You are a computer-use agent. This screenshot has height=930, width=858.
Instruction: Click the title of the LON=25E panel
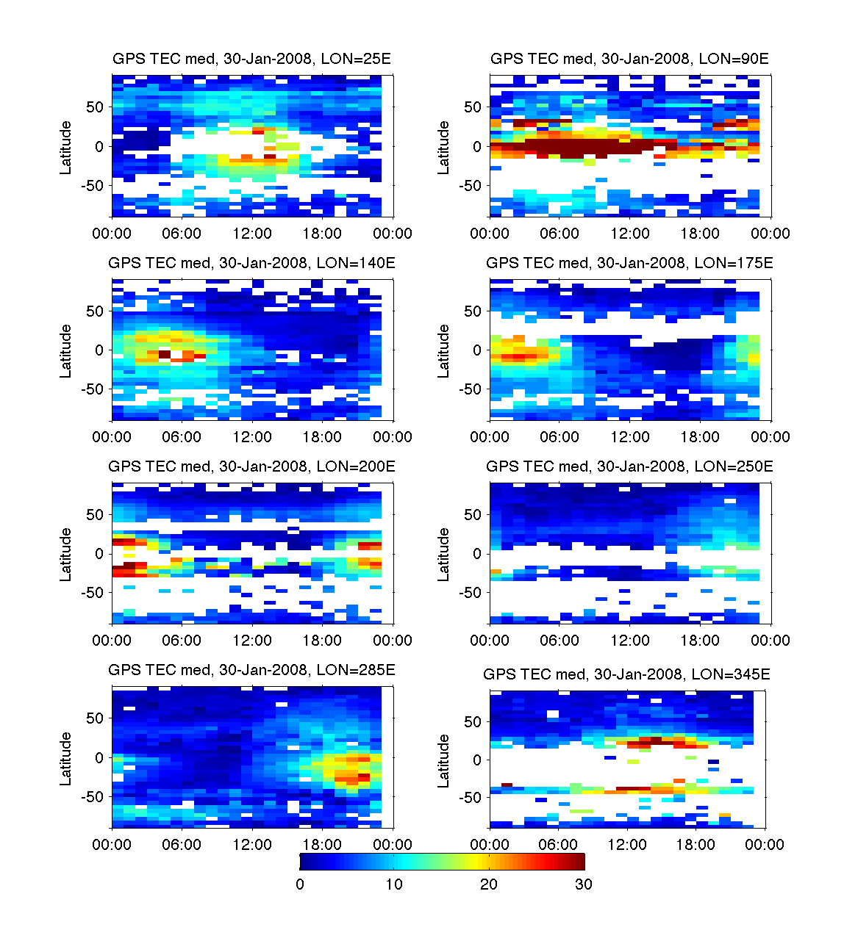(x=251, y=60)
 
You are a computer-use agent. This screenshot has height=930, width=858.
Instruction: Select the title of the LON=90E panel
(x=629, y=60)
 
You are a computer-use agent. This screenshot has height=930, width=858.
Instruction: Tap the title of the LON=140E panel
(x=251, y=263)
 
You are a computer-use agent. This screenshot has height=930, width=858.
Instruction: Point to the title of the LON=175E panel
(x=629, y=263)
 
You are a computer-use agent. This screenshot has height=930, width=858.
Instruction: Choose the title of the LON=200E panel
(x=251, y=466)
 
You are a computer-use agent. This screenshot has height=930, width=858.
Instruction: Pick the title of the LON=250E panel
(x=629, y=466)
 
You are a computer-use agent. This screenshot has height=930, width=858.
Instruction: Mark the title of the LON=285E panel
(x=251, y=670)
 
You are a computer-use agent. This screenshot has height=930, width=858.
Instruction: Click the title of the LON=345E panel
(x=626, y=674)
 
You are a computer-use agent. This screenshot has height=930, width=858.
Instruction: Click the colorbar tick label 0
(x=300, y=884)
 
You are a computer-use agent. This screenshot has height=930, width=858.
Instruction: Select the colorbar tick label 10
(x=394, y=884)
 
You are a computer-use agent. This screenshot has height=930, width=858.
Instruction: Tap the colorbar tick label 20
(x=489, y=884)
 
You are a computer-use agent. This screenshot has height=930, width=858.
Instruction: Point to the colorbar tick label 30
(x=584, y=884)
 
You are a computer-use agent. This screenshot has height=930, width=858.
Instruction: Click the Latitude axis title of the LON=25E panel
(x=66, y=147)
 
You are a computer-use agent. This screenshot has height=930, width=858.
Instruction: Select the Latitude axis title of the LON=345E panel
(x=444, y=761)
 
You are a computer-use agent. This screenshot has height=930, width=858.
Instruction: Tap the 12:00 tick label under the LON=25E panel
(x=252, y=234)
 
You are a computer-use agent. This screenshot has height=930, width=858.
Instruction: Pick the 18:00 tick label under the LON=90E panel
(x=700, y=234)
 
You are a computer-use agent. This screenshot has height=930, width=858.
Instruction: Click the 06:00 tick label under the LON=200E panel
(x=182, y=641)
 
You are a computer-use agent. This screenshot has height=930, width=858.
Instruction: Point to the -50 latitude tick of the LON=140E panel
(x=93, y=389)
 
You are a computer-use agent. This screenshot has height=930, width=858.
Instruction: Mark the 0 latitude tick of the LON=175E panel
(x=476, y=350)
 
